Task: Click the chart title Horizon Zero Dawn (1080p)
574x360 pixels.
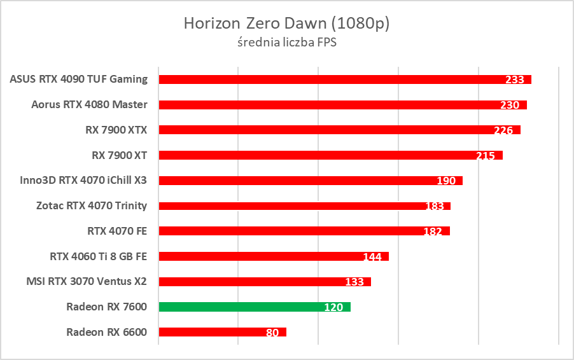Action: (286, 24)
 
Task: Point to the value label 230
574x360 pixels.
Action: (510, 105)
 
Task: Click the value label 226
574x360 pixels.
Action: (503, 130)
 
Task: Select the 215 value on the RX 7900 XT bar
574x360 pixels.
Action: (486, 156)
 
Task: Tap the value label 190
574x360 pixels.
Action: (446, 181)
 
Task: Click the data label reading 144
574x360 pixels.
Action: (372, 257)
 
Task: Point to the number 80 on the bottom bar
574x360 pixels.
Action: (272, 332)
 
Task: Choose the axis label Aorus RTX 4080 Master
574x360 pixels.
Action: (89, 104)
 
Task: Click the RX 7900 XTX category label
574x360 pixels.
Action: (116, 130)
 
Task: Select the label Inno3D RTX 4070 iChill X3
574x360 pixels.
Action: (83, 180)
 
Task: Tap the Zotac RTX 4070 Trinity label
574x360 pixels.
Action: (92, 205)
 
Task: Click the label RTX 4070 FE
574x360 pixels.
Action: (117, 230)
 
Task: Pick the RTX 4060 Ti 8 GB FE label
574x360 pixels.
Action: (98, 256)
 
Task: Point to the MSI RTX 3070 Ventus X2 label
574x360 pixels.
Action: (87, 281)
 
